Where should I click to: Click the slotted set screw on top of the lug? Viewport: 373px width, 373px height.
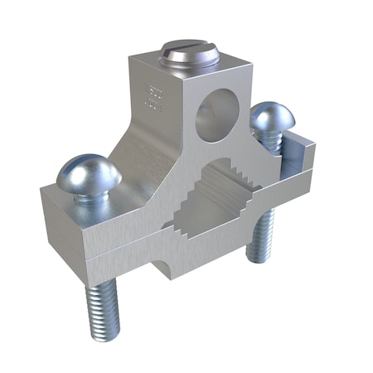(x=190, y=56)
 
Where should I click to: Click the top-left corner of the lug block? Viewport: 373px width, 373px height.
(x=130, y=56)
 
